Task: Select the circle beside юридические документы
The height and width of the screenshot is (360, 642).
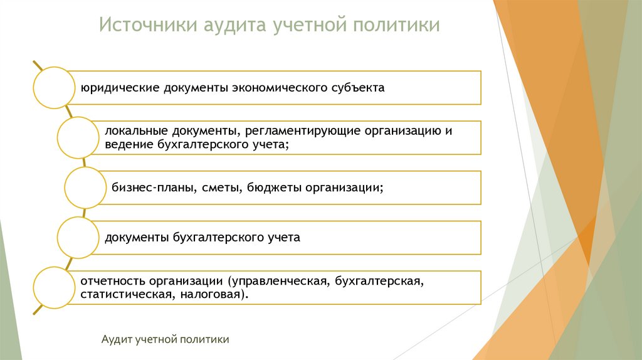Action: click(x=54, y=88)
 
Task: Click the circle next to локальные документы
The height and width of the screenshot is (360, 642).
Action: click(x=78, y=137)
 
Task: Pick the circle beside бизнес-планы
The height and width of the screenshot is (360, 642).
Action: click(x=86, y=188)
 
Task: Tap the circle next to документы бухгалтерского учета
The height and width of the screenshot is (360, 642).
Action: click(x=78, y=238)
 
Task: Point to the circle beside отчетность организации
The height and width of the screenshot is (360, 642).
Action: click(x=54, y=288)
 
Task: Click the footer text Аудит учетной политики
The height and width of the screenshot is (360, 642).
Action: click(x=165, y=339)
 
